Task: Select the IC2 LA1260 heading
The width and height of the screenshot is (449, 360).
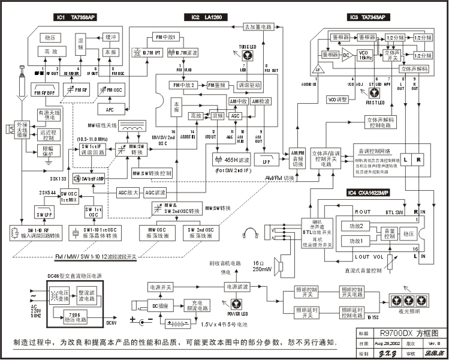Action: [206, 18]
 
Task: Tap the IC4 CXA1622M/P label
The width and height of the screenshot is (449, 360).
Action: [367, 193]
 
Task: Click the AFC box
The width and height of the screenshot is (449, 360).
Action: [110, 109]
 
